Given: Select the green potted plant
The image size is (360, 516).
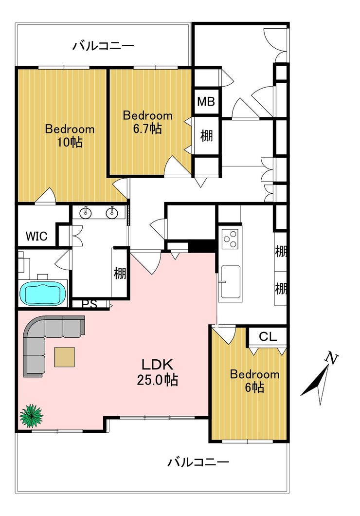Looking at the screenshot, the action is point(31,416).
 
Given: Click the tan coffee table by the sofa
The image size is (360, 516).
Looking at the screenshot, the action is point(64,357).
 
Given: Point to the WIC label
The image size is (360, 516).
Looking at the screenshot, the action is point(36,236).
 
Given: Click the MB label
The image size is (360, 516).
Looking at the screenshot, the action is point(206,102).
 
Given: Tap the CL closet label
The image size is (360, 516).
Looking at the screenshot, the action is point(268,336).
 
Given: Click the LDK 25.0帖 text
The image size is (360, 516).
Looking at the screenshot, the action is point(158,372).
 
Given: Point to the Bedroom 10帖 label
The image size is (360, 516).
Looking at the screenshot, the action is point(70,135).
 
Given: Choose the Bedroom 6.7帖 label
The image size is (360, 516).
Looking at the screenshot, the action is point(147,122).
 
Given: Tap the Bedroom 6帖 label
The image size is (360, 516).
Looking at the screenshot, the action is point(254,381).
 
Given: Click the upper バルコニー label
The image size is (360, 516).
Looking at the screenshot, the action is point(103,46).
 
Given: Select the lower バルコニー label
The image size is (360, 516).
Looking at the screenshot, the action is point(198,462).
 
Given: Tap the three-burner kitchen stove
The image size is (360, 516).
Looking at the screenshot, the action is point(230,239).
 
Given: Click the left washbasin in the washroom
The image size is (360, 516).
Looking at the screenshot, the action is point(86,213).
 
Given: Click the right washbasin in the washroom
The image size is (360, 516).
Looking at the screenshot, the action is point(112,213).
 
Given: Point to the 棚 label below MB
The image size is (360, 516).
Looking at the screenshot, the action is point(206,135).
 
